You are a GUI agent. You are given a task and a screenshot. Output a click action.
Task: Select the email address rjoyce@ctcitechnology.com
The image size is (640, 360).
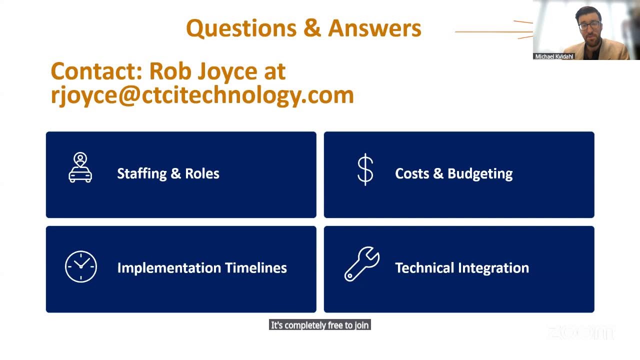202,95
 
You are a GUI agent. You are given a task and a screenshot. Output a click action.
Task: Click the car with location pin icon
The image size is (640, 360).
80,168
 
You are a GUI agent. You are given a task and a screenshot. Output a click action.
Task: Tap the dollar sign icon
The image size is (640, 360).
365,169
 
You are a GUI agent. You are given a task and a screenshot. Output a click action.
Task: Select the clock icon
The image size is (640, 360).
81,266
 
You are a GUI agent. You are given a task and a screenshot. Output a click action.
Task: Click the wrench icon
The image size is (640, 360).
362,263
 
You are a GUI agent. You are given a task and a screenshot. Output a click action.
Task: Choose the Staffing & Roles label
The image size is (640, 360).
168,173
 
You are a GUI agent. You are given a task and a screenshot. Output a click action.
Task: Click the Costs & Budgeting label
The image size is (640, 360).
453,173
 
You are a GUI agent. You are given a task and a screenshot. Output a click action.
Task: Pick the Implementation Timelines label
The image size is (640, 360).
201,267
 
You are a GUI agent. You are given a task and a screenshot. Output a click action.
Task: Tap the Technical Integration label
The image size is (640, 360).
461,267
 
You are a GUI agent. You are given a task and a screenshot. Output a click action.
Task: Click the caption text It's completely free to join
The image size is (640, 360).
319,325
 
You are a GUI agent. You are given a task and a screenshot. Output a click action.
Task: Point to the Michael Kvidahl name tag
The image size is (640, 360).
554,56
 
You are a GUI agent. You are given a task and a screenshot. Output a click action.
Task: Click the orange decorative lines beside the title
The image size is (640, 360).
495,31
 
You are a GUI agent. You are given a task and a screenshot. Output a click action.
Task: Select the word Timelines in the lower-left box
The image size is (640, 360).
256,267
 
